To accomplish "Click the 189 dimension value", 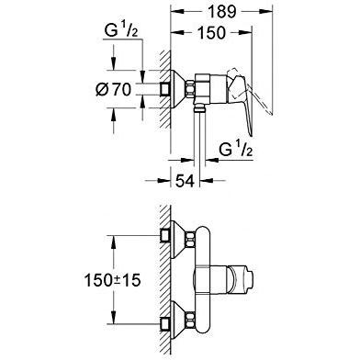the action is tap(221, 12).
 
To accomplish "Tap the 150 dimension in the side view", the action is tap(211, 32).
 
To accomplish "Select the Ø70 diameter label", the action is tap(113, 90).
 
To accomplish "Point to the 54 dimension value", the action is tap(185, 181).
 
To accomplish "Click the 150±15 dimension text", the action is tap(112, 280).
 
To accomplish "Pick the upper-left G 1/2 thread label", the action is tap(121, 30).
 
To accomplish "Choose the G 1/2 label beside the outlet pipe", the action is tap(236, 149).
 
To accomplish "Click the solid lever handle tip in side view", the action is tap(251, 135).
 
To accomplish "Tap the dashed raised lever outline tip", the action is tap(271, 114).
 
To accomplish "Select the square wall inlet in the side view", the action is tap(165, 89).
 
